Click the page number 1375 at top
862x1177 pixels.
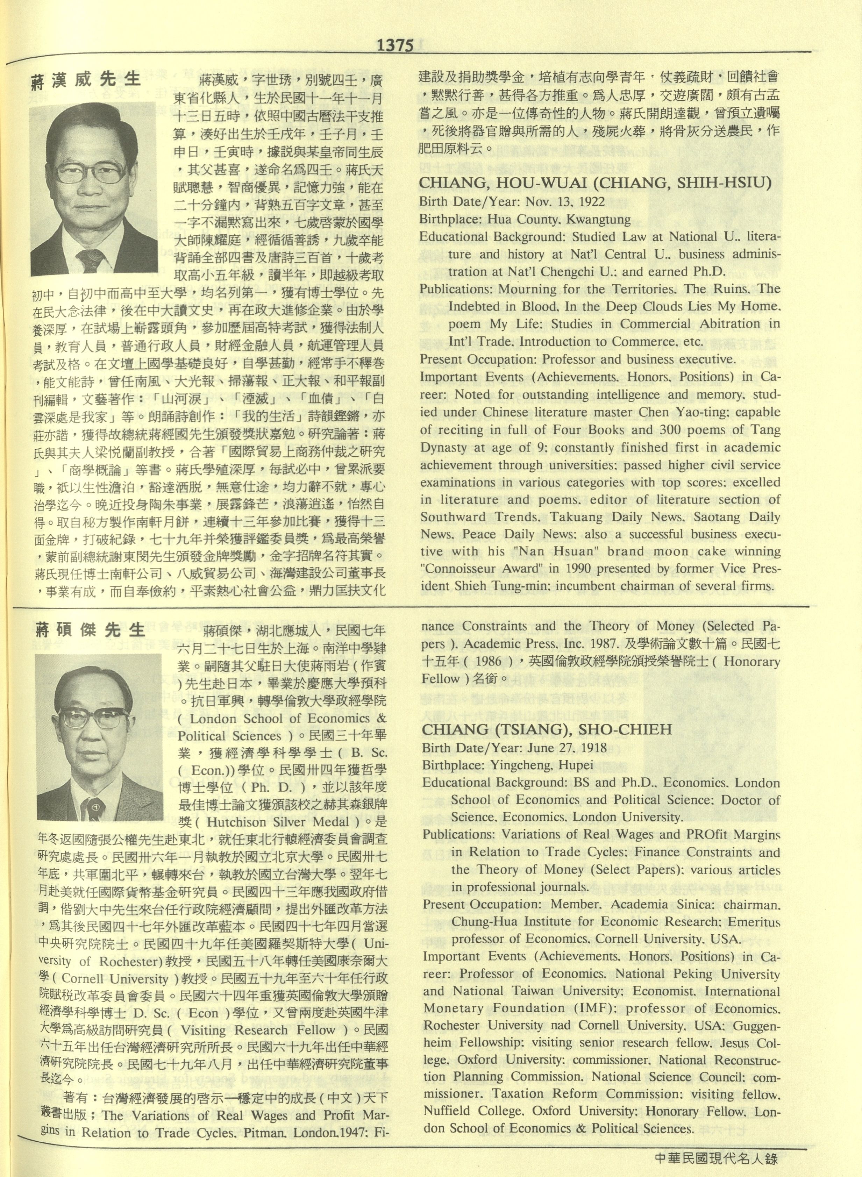395,45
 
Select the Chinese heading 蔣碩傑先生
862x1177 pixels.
90,630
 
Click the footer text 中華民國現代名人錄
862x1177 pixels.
716,1159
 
